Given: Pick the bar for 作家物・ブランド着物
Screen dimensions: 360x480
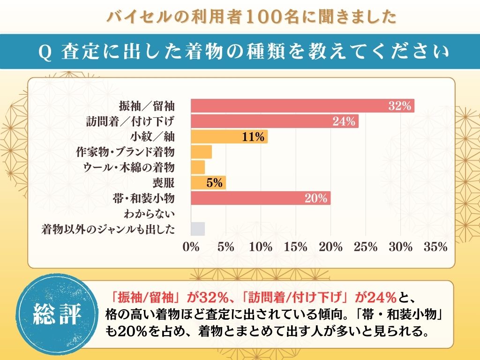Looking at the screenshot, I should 201,152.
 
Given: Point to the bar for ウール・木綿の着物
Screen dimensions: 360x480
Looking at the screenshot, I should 198,167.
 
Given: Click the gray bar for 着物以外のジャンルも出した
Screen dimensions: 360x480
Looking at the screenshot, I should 198,229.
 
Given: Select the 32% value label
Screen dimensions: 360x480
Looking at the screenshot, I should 399,106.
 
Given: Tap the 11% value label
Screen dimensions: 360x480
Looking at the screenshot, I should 254,137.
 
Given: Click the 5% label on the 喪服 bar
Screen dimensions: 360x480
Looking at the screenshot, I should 214,183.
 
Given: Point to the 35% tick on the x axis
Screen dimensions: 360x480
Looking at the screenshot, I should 435,247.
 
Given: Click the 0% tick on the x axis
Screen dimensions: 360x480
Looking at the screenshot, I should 191,247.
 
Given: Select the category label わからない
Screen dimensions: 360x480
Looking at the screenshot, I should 150,214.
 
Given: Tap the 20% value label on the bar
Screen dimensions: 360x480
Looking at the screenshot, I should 315,198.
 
